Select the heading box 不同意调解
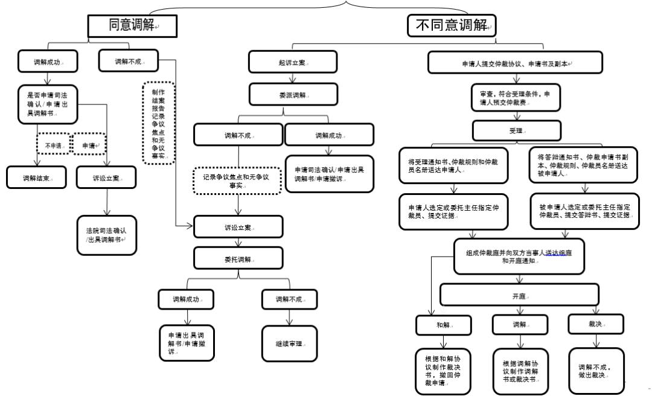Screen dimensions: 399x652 452,25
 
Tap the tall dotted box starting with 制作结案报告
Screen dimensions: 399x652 159,123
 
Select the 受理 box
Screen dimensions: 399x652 516,130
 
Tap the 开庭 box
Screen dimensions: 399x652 519,295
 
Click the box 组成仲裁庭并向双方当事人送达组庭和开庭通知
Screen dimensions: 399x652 519,256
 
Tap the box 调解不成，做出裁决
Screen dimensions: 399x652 594,369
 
